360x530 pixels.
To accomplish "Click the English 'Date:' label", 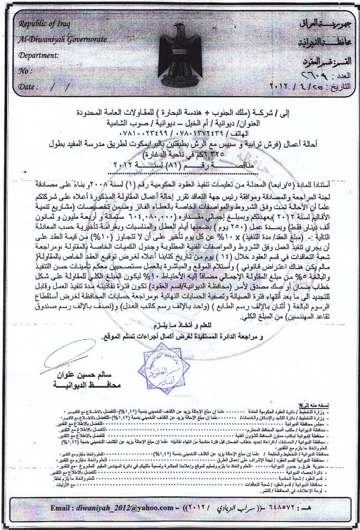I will (28, 86).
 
